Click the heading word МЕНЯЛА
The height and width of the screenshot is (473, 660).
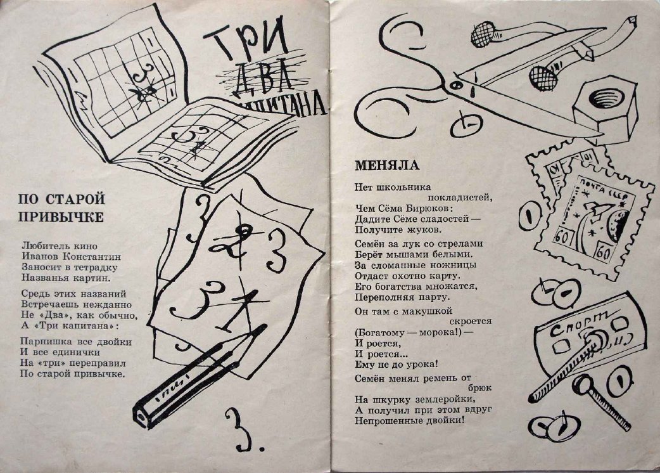point(387,165)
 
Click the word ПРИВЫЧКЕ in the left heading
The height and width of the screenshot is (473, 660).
point(61,217)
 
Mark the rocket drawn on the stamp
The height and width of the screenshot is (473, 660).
point(594,217)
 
